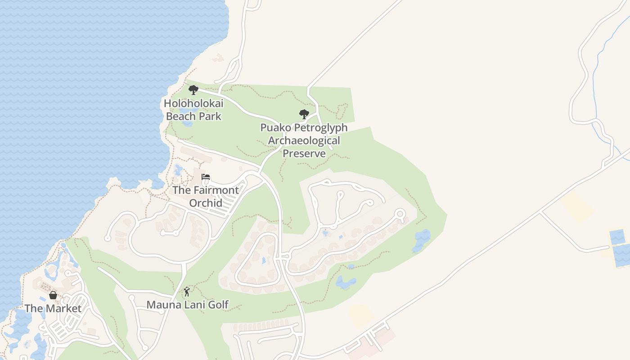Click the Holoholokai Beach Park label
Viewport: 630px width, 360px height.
(x=193, y=110)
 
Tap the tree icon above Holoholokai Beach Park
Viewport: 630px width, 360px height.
(x=193, y=90)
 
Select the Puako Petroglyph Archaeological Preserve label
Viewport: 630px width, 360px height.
(x=304, y=140)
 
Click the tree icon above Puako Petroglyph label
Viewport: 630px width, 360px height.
(x=304, y=114)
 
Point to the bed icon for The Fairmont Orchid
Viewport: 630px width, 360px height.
(x=206, y=177)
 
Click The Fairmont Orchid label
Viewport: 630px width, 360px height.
(x=206, y=196)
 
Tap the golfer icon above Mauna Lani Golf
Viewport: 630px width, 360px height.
(x=187, y=292)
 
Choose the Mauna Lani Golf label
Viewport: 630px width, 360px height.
(x=188, y=305)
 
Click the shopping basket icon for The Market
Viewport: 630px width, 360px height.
(x=53, y=295)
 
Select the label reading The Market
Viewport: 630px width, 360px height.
(x=53, y=308)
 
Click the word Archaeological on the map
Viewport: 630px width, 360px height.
(x=304, y=140)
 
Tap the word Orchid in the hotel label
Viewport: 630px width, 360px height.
(x=206, y=202)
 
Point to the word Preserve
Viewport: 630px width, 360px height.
(x=304, y=153)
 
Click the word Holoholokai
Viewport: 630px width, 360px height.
(x=193, y=103)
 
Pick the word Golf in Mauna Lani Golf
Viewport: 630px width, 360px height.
(x=218, y=305)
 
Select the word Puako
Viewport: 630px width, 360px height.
(x=274, y=127)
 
